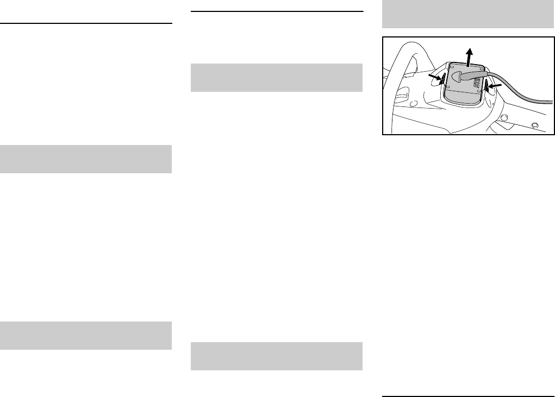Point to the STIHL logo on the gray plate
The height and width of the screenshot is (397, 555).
[x=475, y=83]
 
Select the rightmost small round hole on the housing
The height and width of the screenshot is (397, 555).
[x=535, y=125]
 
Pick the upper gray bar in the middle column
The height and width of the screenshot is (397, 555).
[x=277, y=78]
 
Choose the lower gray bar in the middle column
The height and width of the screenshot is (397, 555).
[x=277, y=356]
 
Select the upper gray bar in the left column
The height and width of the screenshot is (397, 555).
[x=86, y=159]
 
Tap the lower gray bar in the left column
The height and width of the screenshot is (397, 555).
[x=86, y=336]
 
